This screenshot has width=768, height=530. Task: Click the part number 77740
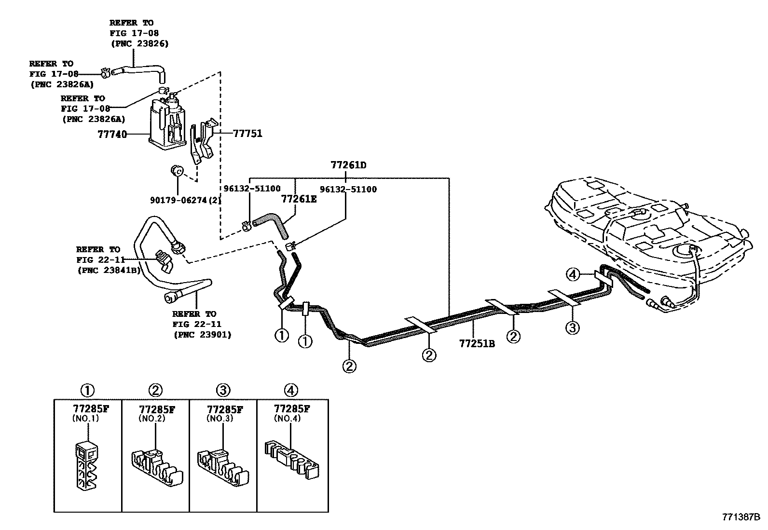[x=112, y=134]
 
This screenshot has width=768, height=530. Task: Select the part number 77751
[x=248, y=134]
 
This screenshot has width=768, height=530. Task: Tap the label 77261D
[x=348, y=165]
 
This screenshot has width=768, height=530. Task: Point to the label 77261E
[x=299, y=199]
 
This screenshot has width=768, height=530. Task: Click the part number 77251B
[x=477, y=343]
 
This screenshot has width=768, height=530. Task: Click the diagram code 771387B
[x=741, y=517]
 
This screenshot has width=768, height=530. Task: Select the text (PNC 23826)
[x=140, y=44]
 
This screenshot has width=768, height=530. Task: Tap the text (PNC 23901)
[x=203, y=335]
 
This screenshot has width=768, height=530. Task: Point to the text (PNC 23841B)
[x=109, y=271]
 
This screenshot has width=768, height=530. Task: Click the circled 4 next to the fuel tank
[x=573, y=274]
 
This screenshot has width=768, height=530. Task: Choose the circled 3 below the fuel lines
[x=572, y=328]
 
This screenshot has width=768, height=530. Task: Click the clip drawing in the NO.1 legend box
[x=86, y=466]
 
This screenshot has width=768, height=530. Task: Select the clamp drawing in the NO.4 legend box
[x=292, y=460]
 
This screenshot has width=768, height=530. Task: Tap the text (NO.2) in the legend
[x=152, y=419]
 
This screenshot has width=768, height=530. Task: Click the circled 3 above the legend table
[x=223, y=390]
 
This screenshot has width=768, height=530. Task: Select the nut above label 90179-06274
[x=177, y=170]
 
